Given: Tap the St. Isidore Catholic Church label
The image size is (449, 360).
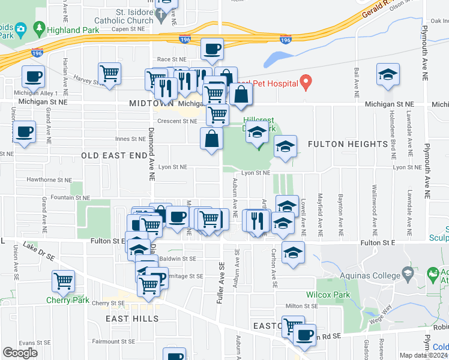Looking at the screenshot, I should point(126,16).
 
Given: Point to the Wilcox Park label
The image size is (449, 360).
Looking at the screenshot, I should point(328,295).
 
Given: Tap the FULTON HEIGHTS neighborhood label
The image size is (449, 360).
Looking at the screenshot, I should point(348,144).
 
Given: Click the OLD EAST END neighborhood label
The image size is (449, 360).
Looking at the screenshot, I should point(114,155).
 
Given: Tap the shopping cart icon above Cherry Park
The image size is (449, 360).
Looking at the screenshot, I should point(63,280).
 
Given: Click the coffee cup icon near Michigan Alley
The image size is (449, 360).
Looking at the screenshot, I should point(33,76).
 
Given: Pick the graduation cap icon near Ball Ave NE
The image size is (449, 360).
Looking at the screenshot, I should point(388,74).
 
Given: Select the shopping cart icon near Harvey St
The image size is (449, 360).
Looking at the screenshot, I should point(109,73).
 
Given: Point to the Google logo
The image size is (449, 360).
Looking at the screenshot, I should point(19,353).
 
